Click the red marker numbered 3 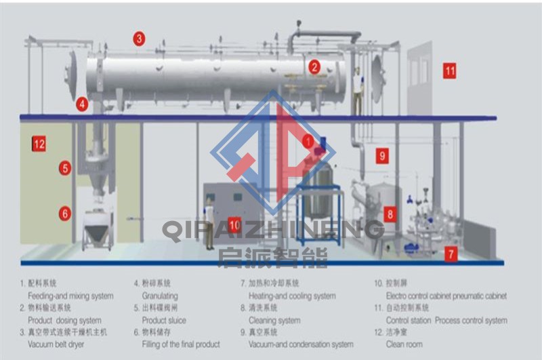coord(139,39)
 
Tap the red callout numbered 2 coord(314,66)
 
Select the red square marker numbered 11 coord(450,70)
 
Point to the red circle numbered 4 coord(82,104)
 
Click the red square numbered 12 coord(39,144)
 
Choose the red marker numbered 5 coord(65,167)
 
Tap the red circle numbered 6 coord(65,213)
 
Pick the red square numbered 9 coord(382,156)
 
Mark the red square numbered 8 coord(390,214)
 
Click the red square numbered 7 coord(451,254)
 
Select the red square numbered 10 coord(234,224)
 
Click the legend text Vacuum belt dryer coord(56,344)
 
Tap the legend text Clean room coord(404,344)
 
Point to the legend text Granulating coord(160,296)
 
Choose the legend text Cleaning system coord(270,320)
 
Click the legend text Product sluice coord(164,320)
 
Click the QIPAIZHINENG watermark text coord(271,231)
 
